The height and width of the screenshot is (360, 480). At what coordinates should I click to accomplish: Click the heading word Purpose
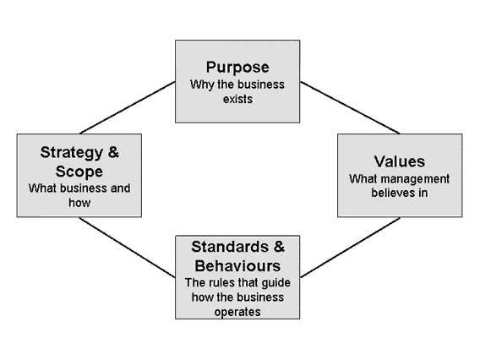coord(237,68)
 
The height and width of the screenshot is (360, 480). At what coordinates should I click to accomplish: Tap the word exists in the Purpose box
coord(237,99)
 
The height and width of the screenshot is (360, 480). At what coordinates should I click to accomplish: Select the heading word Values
coord(400,161)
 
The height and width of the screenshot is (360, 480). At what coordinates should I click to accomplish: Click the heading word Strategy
coord(72,153)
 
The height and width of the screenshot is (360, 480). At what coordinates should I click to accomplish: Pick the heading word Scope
coord(79,172)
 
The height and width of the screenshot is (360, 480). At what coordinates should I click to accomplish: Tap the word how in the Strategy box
coord(79,203)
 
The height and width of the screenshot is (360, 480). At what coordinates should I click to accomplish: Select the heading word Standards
coord(230,247)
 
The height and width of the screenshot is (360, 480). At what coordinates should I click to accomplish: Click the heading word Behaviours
coord(237,265)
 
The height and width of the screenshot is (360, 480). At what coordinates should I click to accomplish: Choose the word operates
coord(237,312)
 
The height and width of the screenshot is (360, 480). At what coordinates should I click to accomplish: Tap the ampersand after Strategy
coord(113,152)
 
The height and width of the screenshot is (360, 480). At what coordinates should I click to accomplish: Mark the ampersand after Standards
coord(279,247)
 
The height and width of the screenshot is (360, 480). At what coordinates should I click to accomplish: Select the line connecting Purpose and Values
coord(350,107)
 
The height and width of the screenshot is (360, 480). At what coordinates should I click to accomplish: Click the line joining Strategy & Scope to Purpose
coord(128,107)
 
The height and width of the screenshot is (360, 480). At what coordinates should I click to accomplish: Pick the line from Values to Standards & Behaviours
coord(350,248)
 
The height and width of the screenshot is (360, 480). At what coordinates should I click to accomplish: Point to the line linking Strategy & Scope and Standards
coord(127,248)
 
